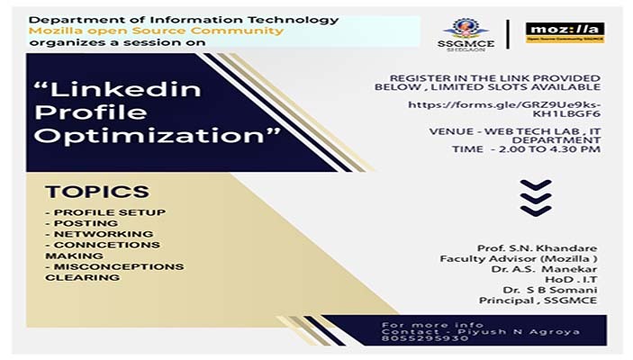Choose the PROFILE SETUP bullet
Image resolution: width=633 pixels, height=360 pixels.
(105, 211)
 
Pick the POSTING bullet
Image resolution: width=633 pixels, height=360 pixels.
(82, 222)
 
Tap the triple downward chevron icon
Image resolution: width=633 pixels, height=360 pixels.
(536, 198)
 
